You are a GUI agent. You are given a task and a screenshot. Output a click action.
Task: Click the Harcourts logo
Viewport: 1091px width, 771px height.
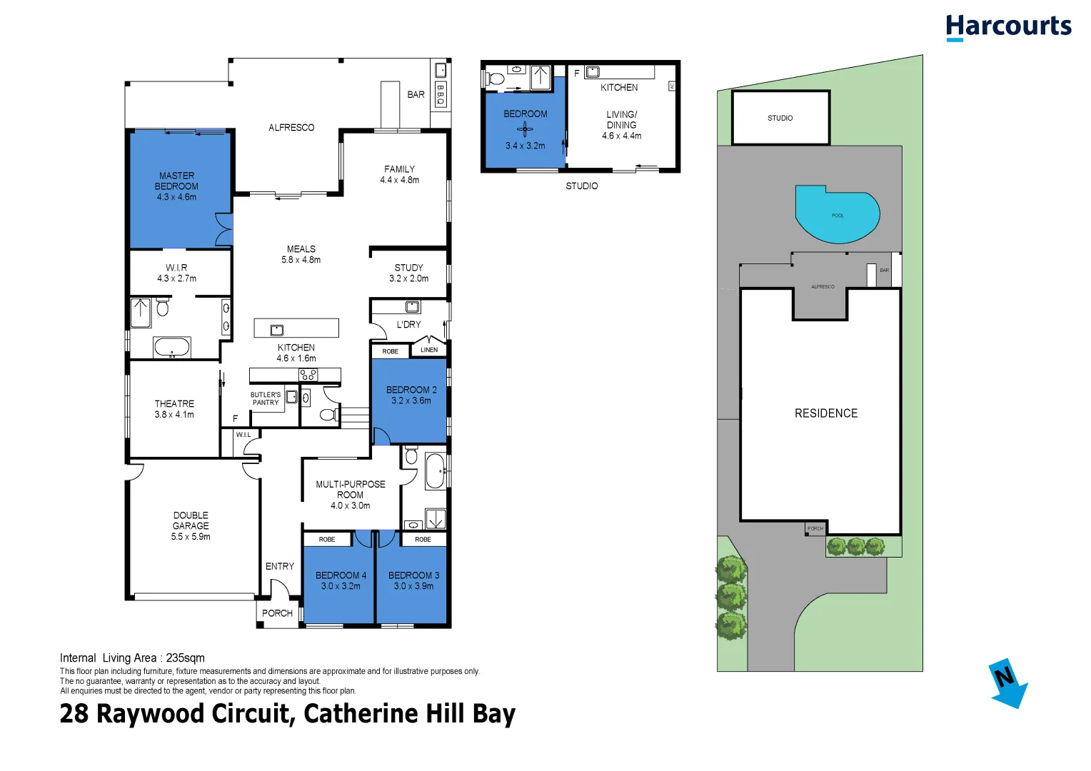pyautogui.click(x=1008, y=27)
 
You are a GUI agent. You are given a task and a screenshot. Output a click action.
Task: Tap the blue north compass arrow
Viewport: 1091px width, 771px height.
pyautogui.click(x=1008, y=683)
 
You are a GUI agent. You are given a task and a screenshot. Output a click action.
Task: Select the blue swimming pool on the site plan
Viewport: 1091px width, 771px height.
pyautogui.click(x=837, y=215)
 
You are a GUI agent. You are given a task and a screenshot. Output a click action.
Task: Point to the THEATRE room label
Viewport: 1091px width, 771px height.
pyautogui.click(x=174, y=404)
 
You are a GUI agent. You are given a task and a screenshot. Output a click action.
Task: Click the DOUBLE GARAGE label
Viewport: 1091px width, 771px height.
pyautogui.click(x=191, y=520)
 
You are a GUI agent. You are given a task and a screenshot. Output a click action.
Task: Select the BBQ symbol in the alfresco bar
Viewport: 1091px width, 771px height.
pyautogui.click(x=441, y=94)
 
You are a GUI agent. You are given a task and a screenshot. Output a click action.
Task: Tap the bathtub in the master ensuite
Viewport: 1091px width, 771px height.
pyautogui.click(x=172, y=348)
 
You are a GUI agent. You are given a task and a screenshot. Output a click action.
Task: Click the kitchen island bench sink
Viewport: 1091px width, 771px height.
pyautogui.click(x=277, y=329)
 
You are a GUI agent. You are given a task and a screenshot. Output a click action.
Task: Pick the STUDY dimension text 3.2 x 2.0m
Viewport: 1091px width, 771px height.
pyautogui.click(x=408, y=278)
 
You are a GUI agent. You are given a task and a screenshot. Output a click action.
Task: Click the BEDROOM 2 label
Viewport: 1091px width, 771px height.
pyautogui.click(x=411, y=390)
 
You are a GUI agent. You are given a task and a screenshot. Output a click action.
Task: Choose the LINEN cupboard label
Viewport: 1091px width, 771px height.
pyautogui.click(x=429, y=350)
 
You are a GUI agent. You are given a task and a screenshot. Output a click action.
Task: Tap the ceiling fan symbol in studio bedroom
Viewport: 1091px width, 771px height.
pyautogui.click(x=525, y=129)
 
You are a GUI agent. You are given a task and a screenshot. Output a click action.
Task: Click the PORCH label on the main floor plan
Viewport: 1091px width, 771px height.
pyautogui.click(x=277, y=613)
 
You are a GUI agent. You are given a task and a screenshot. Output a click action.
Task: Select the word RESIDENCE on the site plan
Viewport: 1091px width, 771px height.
pyautogui.click(x=826, y=413)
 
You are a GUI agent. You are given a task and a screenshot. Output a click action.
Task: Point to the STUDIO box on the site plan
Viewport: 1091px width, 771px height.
pyautogui.click(x=780, y=118)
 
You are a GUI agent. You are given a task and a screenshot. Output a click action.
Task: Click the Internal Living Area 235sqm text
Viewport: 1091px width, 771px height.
pyautogui.click(x=132, y=658)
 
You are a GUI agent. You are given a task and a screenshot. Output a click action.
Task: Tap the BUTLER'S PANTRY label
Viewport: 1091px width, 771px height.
pyautogui.click(x=266, y=398)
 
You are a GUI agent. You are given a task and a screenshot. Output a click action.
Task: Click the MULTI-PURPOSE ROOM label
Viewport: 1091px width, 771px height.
pyautogui.click(x=351, y=489)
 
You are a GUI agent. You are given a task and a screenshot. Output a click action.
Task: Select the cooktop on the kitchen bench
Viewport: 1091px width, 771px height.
pyautogui.click(x=308, y=375)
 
